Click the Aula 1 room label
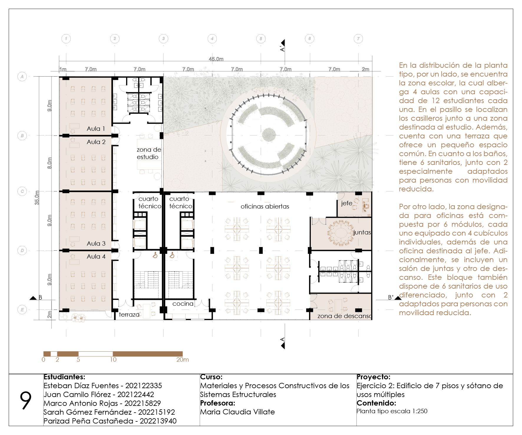coord(96,129)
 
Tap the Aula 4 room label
coord(96,257)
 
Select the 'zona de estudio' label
coord(149,153)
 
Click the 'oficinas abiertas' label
coord(265,206)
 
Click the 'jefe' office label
coord(346,203)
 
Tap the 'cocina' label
coord(183,304)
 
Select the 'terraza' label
coord(129,315)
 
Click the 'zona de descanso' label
coord(344,316)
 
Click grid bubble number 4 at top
coord(212,39)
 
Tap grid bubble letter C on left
coord(22,191)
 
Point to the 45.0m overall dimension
coord(216,59)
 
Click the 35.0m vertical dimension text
coord(37,198)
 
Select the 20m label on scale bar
coord(182,360)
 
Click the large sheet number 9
coord(26,401)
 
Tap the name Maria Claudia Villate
coord(237,412)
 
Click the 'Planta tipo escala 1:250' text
coord(392,411)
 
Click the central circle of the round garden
coord(269,134)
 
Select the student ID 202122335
coord(143,386)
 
